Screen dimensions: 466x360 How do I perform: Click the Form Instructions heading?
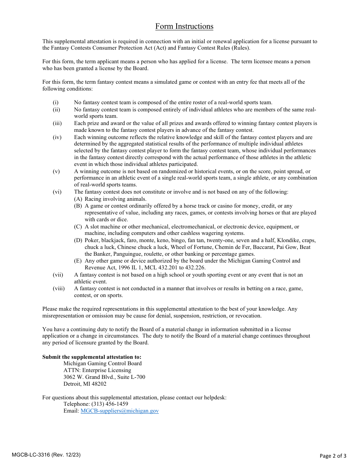(x=184, y=27)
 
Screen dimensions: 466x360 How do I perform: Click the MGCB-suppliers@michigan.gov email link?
(x=119, y=411)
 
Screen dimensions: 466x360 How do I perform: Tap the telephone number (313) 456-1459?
(x=107, y=404)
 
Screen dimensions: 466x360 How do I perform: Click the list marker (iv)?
(x=57, y=138)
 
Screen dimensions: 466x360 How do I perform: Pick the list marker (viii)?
(x=58, y=289)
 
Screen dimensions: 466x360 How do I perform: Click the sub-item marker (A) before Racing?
(x=78, y=199)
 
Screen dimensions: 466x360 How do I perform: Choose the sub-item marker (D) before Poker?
(x=78, y=241)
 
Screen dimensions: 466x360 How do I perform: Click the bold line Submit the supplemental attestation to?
(x=92, y=357)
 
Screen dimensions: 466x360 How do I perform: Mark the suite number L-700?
(x=136, y=377)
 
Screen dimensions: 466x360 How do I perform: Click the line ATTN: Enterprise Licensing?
(x=97, y=371)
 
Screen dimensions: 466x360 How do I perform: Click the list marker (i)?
(x=55, y=103)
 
